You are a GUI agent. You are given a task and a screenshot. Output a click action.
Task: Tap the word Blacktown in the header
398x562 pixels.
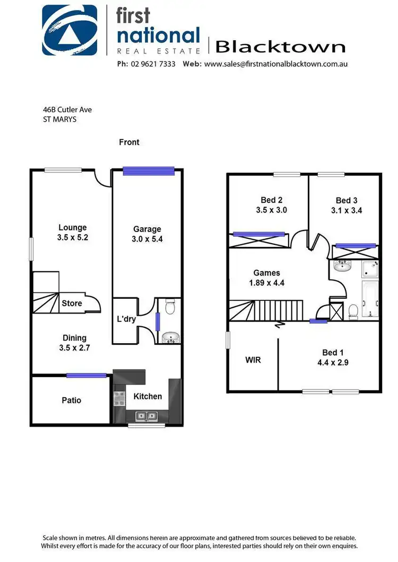click(x=280, y=47)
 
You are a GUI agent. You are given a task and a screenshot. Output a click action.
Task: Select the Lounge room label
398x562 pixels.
click(x=72, y=228)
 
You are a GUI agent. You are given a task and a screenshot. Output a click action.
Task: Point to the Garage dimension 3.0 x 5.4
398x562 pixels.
click(x=147, y=239)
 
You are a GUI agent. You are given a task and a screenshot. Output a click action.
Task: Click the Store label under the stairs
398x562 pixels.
click(x=72, y=304)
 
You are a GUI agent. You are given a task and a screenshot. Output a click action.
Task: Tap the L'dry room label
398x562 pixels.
click(x=126, y=319)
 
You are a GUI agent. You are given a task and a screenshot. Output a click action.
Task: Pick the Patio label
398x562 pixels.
click(x=71, y=400)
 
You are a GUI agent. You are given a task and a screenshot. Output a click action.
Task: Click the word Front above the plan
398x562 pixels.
click(x=129, y=142)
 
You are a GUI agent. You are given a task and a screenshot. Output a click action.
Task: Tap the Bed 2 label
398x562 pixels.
click(x=271, y=200)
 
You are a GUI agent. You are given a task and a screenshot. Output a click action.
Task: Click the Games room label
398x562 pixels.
click(x=266, y=273)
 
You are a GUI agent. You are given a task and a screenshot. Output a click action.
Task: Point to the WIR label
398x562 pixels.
click(x=253, y=360)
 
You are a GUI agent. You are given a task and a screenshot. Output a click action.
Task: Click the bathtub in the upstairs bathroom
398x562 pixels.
click(x=370, y=299)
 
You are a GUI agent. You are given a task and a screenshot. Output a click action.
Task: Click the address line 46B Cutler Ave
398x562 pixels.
click(x=67, y=110)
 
